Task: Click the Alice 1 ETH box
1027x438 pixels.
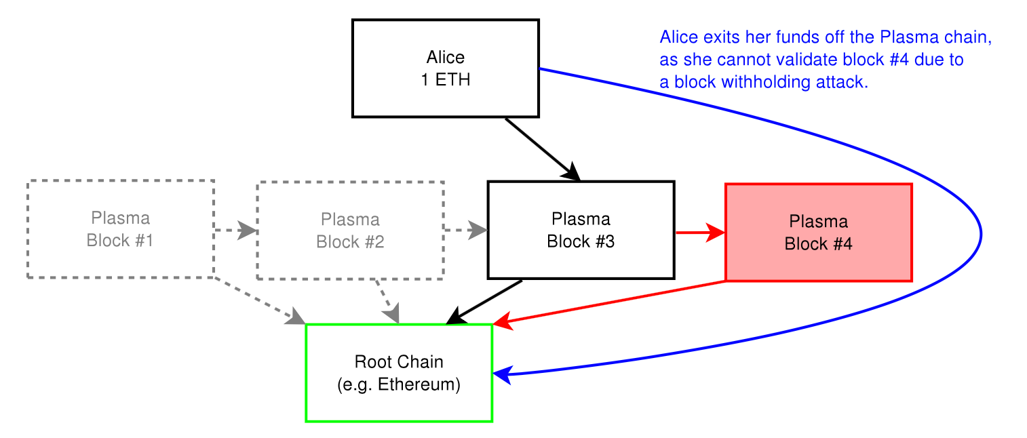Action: pyautogui.click(x=446, y=68)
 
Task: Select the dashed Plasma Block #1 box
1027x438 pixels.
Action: pyautogui.click(x=121, y=229)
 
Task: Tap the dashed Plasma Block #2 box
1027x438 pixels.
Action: pyautogui.click(x=351, y=231)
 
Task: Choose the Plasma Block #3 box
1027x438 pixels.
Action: pyautogui.click(x=581, y=230)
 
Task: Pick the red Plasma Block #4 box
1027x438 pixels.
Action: pyautogui.click(x=819, y=233)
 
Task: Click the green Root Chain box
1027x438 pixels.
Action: pyautogui.click(x=400, y=373)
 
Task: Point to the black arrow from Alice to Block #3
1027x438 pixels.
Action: pyautogui.click(x=543, y=149)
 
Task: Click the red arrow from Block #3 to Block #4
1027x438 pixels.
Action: pyautogui.click(x=701, y=233)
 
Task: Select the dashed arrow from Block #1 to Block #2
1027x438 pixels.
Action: pyautogui.click(x=236, y=230)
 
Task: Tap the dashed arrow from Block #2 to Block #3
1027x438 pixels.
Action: pyautogui.click(x=466, y=230)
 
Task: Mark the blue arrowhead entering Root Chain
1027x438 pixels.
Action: pyautogui.click(x=502, y=375)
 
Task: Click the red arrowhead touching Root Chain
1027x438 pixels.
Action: pyautogui.click(x=503, y=321)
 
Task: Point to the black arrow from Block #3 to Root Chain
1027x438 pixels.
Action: pyautogui.click(x=484, y=302)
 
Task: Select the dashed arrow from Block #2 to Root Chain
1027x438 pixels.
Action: pyautogui.click(x=387, y=302)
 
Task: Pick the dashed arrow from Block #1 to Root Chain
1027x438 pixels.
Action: pyautogui.click(x=260, y=300)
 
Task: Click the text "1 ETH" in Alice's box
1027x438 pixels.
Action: pyautogui.click(x=446, y=80)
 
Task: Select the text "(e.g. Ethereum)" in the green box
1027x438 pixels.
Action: pyautogui.click(x=399, y=384)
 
